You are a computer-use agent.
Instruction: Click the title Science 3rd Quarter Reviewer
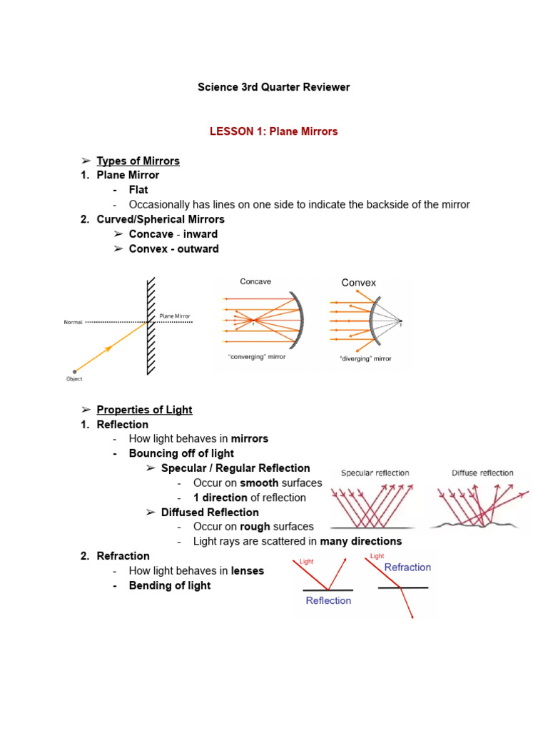pyautogui.click(x=273, y=87)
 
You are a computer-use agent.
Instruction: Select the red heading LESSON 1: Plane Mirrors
pyautogui.click(x=273, y=131)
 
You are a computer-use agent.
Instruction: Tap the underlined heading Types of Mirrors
pyautogui.click(x=138, y=161)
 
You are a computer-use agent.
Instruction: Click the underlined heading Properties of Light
pyautogui.click(x=144, y=410)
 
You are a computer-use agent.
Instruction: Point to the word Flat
pyautogui.click(x=138, y=190)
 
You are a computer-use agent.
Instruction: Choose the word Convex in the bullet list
pyautogui.click(x=148, y=249)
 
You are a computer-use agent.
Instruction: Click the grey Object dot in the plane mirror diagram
pyautogui.click(x=73, y=371)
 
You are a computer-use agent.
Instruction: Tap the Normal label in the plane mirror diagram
pyautogui.click(x=73, y=322)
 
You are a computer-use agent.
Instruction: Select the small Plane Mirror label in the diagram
pyautogui.click(x=175, y=316)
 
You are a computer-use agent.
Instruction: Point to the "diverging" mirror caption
pyautogui.click(x=365, y=358)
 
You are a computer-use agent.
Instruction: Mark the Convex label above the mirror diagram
pyautogui.click(x=358, y=283)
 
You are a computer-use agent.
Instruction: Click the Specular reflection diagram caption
pyautogui.click(x=375, y=473)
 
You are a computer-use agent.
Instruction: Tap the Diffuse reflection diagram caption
pyautogui.click(x=482, y=473)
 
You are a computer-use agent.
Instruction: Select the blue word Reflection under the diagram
pyautogui.click(x=328, y=600)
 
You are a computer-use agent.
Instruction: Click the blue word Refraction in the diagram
pyautogui.click(x=407, y=567)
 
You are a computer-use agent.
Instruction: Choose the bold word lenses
pyautogui.click(x=248, y=571)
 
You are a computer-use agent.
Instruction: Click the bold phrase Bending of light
pyautogui.click(x=170, y=585)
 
